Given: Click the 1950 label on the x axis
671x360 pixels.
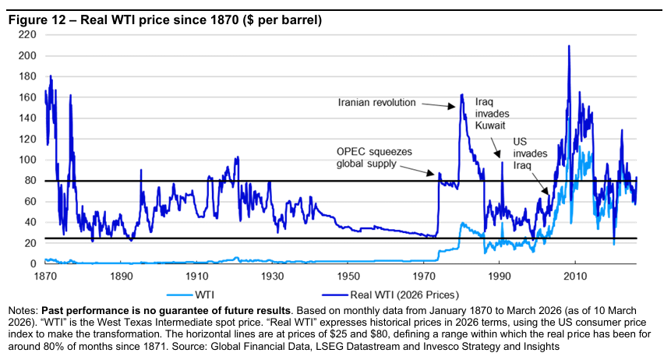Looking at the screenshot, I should pyautogui.click(x=348, y=277).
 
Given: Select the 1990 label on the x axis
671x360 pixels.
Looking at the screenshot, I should pyautogui.click(x=500, y=277).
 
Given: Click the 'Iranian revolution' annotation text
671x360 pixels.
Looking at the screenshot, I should pyautogui.click(x=377, y=102).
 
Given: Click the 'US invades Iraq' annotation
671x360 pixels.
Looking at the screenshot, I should pyautogui.click(x=530, y=154).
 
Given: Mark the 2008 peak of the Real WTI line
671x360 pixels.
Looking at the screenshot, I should pyautogui.click(x=569, y=46).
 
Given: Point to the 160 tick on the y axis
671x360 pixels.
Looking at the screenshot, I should pyautogui.click(x=28, y=97).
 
